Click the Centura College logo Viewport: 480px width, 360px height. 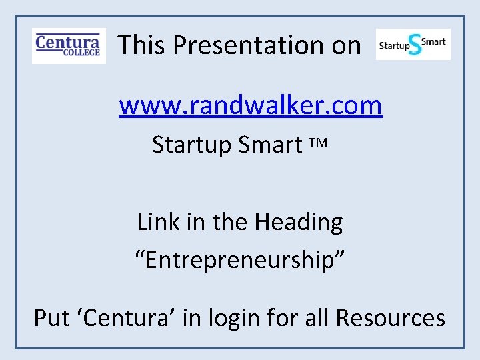[69, 45]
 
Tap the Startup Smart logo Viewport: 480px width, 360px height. [413, 44]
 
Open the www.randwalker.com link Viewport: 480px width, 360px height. [251, 105]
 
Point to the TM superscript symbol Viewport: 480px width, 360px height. [319, 143]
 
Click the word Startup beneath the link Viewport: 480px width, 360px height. [191, 145]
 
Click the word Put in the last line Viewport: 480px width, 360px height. [51, 318]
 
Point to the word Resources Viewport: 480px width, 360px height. [391, 318]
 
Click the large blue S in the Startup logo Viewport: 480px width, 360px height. [415, 45]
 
